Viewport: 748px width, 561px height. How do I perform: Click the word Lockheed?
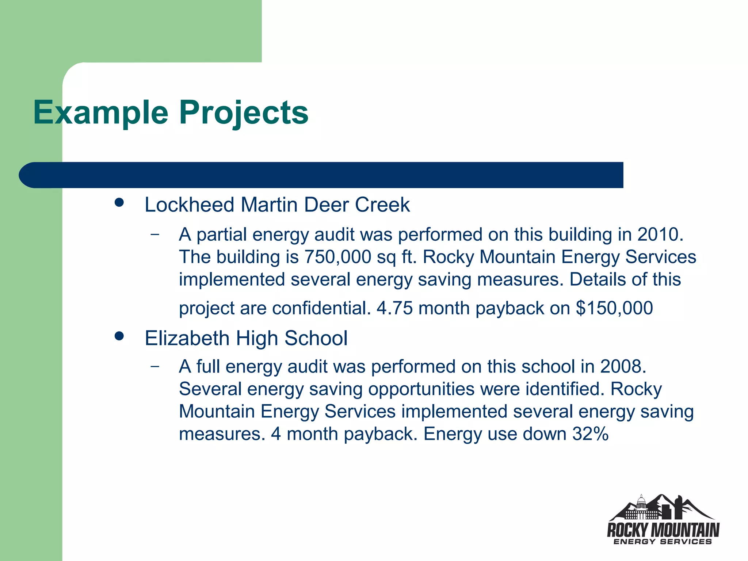189,205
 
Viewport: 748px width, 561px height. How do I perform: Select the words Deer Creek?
357,205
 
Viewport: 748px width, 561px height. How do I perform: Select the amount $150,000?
614,308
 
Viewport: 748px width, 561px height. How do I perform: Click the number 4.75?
394,308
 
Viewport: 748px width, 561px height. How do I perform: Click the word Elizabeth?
187,338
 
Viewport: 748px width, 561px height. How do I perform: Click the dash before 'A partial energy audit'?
155,234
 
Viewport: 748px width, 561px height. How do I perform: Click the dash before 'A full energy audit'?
155,366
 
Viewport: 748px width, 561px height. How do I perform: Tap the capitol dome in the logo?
641,503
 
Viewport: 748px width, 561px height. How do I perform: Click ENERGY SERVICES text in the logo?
663,542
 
